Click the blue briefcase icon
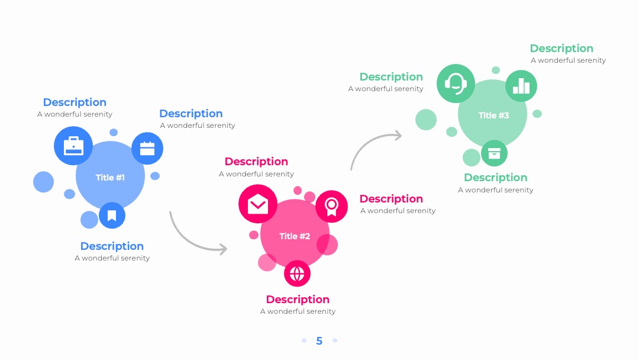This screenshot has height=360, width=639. point(73,146)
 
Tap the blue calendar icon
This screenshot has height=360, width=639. point(147,149)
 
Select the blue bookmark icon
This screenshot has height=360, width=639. point(112,216)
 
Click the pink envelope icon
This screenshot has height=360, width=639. point(258,204)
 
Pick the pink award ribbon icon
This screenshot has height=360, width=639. point(331,206)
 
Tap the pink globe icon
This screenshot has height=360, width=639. point(297,274)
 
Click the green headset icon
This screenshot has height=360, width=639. point(456,83)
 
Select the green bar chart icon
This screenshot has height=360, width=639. point(521,86)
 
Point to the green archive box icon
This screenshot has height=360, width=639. point(494,153)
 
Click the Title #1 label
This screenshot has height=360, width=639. point(110,178)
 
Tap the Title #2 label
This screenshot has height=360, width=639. point(295,236)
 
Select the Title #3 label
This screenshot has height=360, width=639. point(493,115)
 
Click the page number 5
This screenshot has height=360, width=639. point(319,341)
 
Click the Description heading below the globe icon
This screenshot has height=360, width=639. point(298,300)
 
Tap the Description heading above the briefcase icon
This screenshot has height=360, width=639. point(75,102)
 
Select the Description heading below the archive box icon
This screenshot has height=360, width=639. point(496,178)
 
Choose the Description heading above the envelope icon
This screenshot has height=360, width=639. point(256,162)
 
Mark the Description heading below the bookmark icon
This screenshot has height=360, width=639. point(112,246)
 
